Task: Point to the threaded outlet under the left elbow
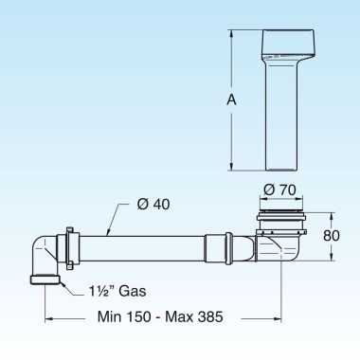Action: pyautogui.click(x=44, y=279)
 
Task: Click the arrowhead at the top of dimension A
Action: pyautogui.click(x=231, y=32)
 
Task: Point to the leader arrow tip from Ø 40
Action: pyautogui.click(x=108, y=234)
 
